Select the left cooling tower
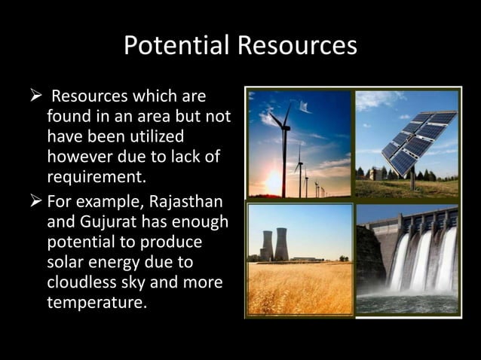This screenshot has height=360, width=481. (x=266, y=245)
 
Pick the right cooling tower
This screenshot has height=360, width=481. (x=281, y=243)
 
